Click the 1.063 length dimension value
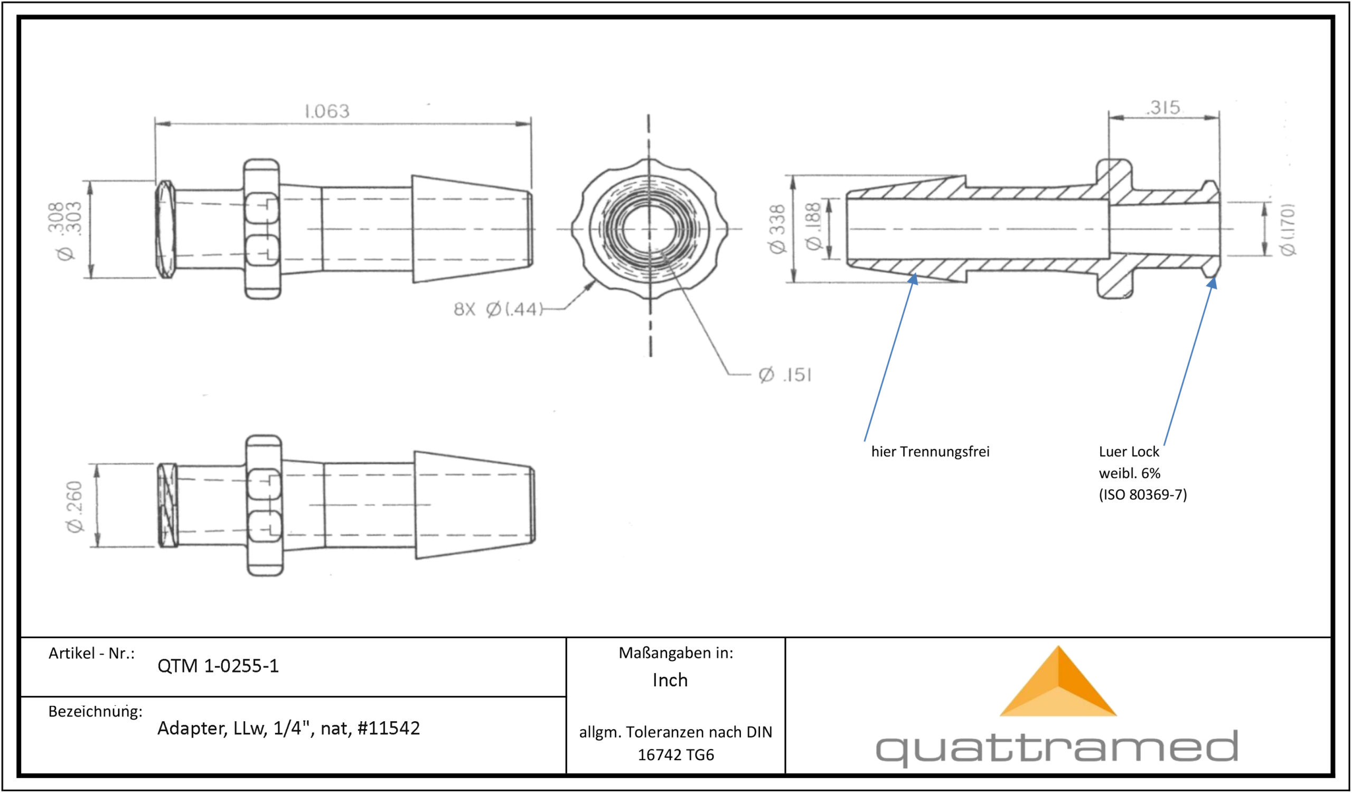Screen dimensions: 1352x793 327,111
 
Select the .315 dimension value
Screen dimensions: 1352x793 1163,107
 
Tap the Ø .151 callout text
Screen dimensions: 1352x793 785,375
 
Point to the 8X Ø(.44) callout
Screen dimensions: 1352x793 499,309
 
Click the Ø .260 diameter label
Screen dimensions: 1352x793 74,507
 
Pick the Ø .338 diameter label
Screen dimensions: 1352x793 777,228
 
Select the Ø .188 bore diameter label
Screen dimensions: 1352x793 813,226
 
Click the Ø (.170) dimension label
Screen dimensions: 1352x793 1288,229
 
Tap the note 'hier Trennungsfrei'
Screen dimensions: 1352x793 931,451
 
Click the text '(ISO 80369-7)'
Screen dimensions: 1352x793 1143,494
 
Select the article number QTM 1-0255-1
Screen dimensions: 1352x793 218,666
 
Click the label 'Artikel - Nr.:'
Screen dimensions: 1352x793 91,653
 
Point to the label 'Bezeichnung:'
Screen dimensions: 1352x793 96,712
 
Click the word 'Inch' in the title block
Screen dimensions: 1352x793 670,680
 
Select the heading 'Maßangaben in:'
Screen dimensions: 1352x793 675,653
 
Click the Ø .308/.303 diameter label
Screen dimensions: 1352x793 65,231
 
